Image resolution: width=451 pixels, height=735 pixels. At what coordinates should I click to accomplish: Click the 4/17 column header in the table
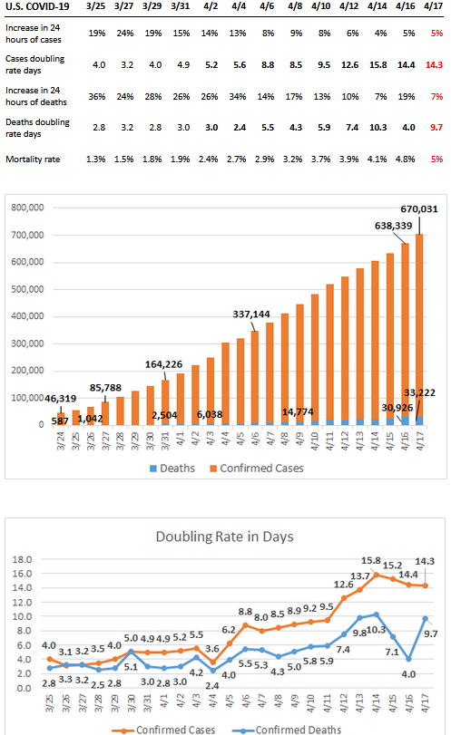(433, 6)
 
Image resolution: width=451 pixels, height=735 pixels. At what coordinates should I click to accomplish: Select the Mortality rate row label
(33, 160)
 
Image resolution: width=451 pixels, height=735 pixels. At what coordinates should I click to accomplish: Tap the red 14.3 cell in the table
(434, 64)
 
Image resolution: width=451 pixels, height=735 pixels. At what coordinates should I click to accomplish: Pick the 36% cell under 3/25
(97, 97)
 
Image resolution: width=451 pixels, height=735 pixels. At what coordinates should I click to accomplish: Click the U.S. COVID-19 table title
(37, 6)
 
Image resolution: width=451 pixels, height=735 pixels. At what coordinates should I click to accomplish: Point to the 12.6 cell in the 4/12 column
(349, 64)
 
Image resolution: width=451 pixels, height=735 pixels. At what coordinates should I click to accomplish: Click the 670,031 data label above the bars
(419, 209)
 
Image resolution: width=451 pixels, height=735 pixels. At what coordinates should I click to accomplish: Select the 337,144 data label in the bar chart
(251, 314)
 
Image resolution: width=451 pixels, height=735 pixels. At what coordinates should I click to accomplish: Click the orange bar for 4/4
(225, 383)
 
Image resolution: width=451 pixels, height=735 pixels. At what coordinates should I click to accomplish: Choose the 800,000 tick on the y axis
(28, 208)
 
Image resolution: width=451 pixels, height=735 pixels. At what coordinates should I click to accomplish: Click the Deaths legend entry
(172, 469)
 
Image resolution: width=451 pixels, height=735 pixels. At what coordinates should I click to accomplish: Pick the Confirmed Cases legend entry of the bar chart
(257, 469)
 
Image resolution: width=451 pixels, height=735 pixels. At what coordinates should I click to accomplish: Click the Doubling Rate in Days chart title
(225, 537)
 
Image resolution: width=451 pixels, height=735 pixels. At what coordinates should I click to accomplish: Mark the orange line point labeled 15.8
(376, 575)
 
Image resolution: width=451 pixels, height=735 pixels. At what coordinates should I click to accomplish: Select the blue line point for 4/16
(408, 659)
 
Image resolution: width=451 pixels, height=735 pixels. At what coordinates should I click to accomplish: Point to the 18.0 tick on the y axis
(22, 560)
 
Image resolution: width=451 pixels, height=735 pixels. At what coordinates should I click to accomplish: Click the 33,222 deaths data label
(419, 392)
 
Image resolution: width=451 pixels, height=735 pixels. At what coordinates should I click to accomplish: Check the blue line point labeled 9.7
(426, 619)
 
